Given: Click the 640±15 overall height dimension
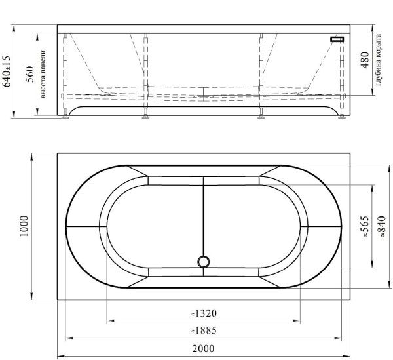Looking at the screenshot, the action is tap(7, 71).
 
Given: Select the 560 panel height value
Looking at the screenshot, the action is tap(30, 74).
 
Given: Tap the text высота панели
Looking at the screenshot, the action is tap(43, 74).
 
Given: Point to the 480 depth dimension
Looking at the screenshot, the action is tap(365, 60).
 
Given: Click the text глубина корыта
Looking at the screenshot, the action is tap(378, 60).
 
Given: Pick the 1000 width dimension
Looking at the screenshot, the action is tap(24, 226).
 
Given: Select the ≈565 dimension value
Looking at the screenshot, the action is tap(365, 226).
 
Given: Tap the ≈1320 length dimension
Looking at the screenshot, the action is tap(203, 313).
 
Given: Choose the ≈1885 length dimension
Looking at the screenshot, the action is tap(203, 330).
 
